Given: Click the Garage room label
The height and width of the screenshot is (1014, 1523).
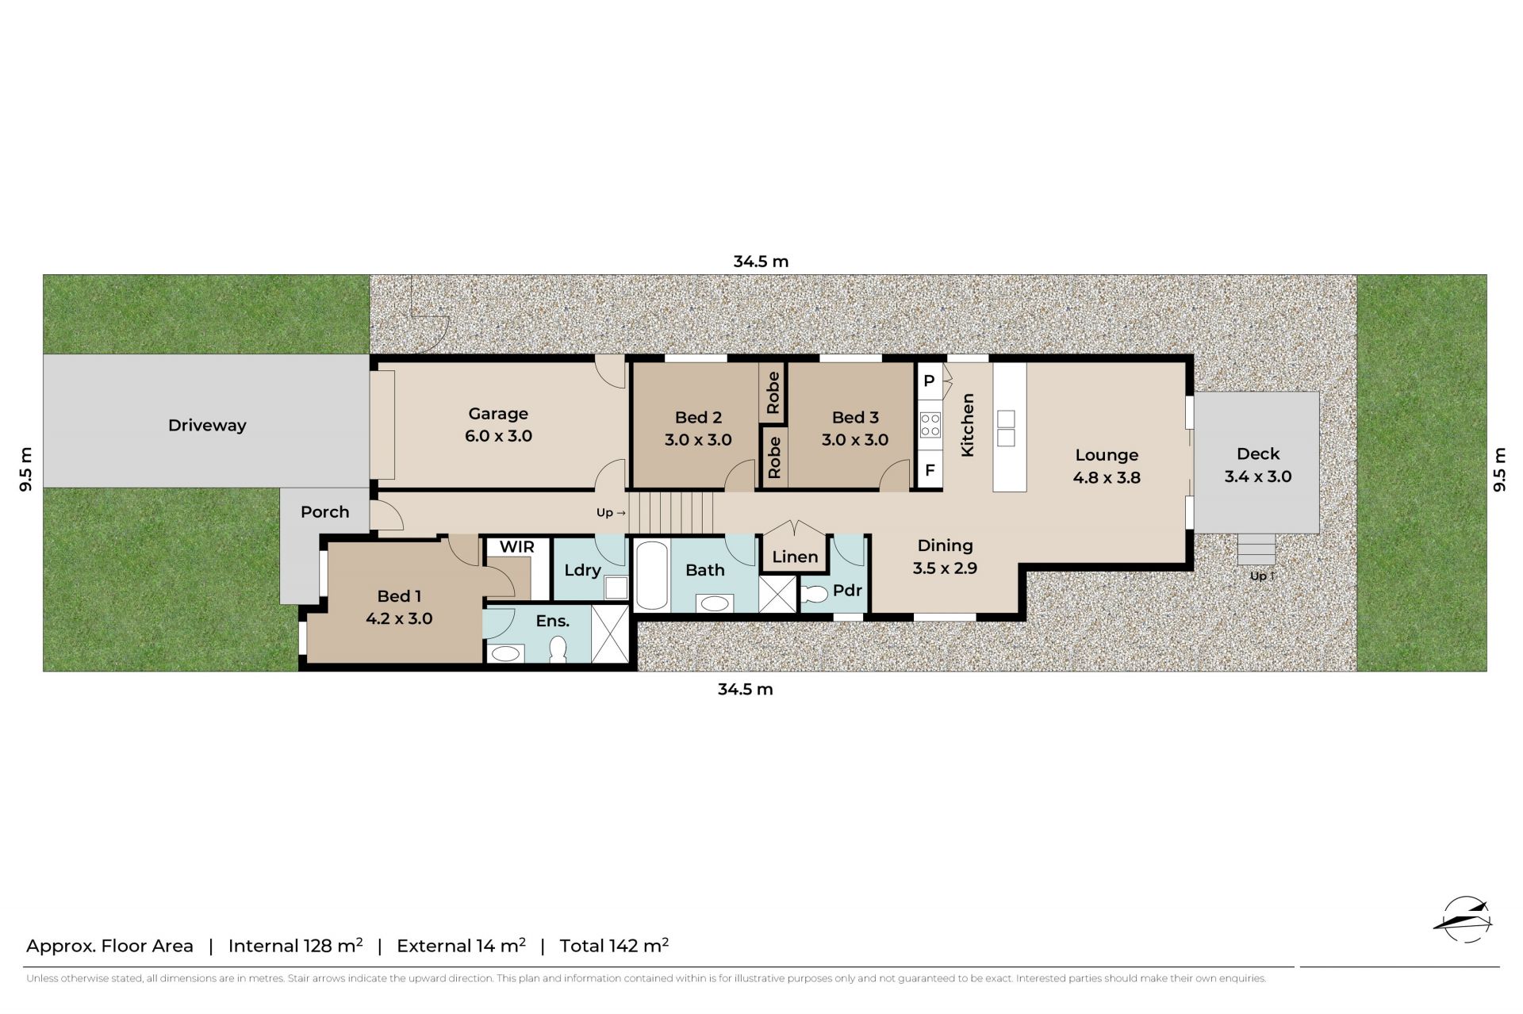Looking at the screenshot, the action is (x=498, y=413).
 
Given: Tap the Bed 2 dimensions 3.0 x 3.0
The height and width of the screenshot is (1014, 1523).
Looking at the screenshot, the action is (x=698, y=439).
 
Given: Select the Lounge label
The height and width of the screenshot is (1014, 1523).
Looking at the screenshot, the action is (x=1107, y=455).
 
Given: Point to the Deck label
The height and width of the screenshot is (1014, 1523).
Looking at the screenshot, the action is (x=1258, y=453).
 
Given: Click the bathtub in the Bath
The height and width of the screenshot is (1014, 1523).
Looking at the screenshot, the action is (x=652, y=575).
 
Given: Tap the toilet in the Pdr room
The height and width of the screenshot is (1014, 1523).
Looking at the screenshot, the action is (x=814, y=593).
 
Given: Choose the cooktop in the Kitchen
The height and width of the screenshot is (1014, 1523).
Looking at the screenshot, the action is (x=930, y=425).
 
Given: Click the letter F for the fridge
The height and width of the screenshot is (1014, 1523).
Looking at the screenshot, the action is (x=930, y=470).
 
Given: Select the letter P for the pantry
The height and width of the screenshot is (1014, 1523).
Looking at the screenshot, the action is (x=929, y=381).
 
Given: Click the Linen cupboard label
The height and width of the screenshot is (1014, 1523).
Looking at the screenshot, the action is (x=795, y=557).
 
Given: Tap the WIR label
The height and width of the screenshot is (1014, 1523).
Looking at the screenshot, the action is (x=517, y=547).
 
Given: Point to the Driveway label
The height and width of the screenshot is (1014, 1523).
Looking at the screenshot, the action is (x=207, y=426).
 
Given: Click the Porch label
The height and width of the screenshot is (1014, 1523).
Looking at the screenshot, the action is (x=325, y=512).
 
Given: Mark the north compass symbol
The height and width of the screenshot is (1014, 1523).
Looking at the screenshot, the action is (x=1464, y=920).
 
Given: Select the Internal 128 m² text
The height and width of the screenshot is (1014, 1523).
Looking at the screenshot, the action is (x=295, y=945).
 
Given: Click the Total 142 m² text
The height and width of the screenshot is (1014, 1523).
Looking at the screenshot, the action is (x=614, y=945).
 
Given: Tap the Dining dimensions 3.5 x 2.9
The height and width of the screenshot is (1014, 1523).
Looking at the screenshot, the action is (x=945, y=568).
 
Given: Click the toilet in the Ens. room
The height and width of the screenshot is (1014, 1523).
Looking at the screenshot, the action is (x=558, y=649).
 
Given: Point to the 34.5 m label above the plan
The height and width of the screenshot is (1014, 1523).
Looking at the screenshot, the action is (x=761, y=262).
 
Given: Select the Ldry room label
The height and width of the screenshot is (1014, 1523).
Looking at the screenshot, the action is (x=582, y=570).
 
